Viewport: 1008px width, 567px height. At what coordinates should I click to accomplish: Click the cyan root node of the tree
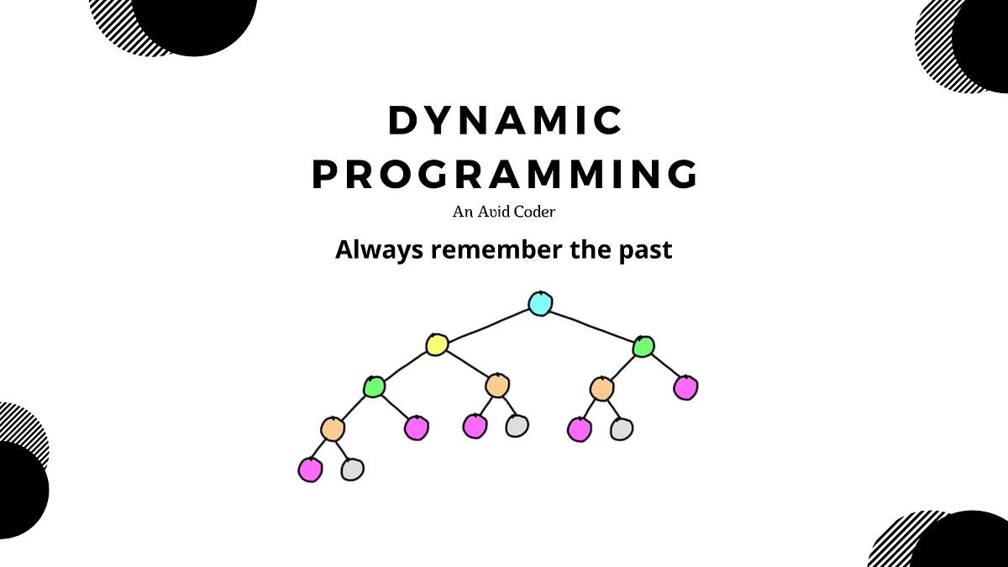[540, 303]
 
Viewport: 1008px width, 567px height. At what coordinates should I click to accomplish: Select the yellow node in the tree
[436, 344]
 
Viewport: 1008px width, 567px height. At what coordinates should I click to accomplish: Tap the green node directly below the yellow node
[374, 386]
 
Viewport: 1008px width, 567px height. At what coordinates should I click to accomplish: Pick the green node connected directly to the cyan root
[643, 345]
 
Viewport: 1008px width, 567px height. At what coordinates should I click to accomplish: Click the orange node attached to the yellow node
[496, 386]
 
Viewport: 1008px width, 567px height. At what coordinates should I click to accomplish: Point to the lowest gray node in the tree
[352, 469]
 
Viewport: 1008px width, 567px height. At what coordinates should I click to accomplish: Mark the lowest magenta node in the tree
[310, 470]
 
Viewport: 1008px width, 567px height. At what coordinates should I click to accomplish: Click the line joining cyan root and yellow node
[488, 324]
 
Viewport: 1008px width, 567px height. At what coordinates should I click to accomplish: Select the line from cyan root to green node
[591, 324]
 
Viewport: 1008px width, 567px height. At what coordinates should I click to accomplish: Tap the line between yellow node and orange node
[466, 365]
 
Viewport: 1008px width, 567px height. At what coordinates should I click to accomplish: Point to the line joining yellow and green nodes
[405, 365]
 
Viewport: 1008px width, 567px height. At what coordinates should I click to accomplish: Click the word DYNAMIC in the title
[505, 122]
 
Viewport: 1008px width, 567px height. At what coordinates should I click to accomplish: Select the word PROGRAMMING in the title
[505, 175]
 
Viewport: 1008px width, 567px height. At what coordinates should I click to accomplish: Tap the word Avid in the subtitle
[491, 212]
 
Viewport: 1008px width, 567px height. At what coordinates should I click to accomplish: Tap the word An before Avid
[462, 212]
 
